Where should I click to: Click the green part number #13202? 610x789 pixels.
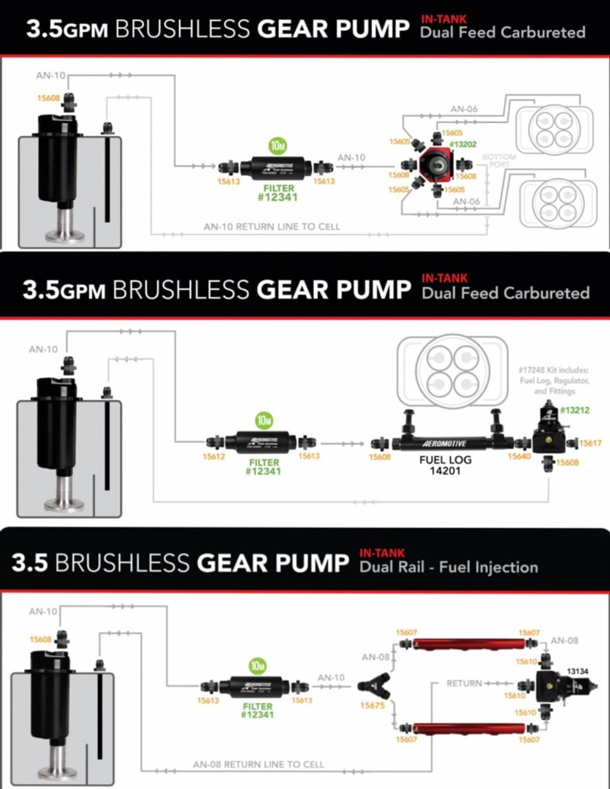pyautogui.click(x=463, y=144)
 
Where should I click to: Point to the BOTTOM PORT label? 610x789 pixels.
pyautogui.click(x=498, y=160)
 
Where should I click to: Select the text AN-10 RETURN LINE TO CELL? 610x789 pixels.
pyautogui.click(x=271, y=226)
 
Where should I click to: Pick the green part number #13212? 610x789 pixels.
pyautogui.click(x=574, y=410)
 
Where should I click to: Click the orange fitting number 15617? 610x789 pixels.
pyautogui.click(x=590, y=443)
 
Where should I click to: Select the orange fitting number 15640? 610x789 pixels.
pyautogui.click(x=519, y=457)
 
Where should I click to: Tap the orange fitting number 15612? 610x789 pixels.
pyautogui.click(x=214, y=457)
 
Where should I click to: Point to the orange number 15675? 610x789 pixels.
pyautogui.click(x=372, y=705)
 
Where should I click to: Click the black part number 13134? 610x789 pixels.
pyautogui.click(x=577, y=671)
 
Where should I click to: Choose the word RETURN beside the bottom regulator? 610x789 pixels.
pyautogui.click(x=464, y=683)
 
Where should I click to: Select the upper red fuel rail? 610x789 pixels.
pyautogui.click(x=468, y=644)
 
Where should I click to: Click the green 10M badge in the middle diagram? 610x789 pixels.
pyautogui.click(x=264, y=420)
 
